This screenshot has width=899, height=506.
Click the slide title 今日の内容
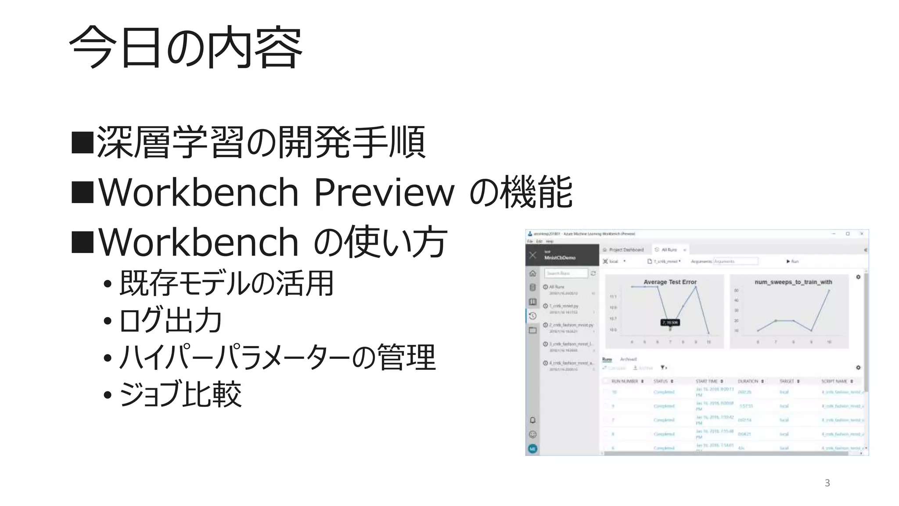pos(186,47)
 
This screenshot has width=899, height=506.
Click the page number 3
pos(827,483)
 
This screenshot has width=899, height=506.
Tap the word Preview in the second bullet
pos(385,192)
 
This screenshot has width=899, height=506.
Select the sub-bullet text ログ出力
pos(171,320)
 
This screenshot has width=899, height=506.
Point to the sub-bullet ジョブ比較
pos(180,394)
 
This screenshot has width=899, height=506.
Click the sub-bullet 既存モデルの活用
pos(227,283)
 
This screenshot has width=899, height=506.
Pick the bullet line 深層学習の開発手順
pos(261,142)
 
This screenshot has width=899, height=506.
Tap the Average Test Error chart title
pos(670,282)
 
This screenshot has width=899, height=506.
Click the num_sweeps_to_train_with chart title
pos(793,282)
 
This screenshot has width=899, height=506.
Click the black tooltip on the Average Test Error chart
pos(670,322)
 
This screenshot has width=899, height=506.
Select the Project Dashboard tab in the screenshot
pos(626,249)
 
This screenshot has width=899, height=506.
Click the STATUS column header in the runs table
pos(661,381)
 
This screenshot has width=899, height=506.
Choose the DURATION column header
pos(748,381)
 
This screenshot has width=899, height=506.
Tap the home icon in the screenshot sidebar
pos(532,274)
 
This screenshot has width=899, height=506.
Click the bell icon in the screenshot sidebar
pos(532,420)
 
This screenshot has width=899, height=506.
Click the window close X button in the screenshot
pos(862,234)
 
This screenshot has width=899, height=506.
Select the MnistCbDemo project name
pos(560,258)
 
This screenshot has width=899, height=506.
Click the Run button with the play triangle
pos(792,261)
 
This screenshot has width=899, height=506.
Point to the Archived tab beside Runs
pos(628,359)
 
